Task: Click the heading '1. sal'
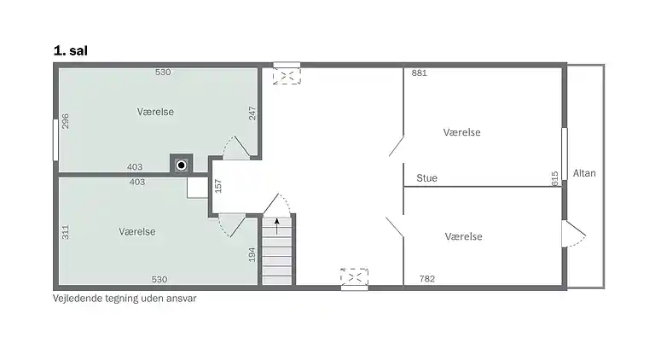coord(71,51)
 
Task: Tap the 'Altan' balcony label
coord(584,173)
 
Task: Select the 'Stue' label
coord(426,178)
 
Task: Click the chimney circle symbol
coord(182,165)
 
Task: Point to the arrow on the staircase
coord(276,226)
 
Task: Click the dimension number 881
coord(419,73)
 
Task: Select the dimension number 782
coord(427,279)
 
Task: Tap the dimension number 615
coord(554,179)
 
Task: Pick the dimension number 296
coord(65,121)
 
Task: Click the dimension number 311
coord(65,232)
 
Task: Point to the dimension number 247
coord(252,113)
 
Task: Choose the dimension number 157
coord(217,186)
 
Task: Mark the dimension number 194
coord(252,255)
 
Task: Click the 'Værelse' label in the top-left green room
coord(155,112)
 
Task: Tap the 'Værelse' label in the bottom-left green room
coord(137,231)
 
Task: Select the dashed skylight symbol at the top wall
coord(287,76)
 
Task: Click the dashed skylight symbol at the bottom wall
coord(354,276)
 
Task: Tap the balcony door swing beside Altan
coord(574,234)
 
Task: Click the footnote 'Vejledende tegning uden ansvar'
coord(125,299)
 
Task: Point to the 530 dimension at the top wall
coord(163,72)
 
